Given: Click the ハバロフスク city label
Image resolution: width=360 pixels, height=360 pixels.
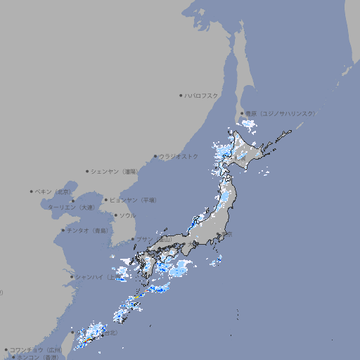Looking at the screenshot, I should (202, 95).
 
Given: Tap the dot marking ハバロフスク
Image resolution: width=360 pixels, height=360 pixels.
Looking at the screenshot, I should (181, 95).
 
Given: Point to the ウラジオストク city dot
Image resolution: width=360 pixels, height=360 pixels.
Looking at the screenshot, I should (156, 156).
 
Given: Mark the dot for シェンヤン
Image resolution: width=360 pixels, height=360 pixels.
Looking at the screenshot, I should (88, 171).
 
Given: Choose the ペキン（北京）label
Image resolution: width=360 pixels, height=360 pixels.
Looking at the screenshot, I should (54, 191).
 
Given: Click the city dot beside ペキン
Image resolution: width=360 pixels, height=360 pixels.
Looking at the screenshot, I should (32, 191).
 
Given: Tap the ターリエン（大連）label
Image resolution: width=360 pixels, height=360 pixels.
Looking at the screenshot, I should (70, 207).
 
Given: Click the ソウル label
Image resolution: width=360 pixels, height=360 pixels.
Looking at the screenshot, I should (127, 215).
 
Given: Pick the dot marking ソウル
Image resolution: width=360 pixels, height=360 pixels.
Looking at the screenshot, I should (115, 215).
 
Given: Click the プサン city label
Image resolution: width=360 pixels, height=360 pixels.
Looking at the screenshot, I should (145, 240).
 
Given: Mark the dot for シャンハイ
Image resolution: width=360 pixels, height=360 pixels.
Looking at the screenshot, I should (72, 276).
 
